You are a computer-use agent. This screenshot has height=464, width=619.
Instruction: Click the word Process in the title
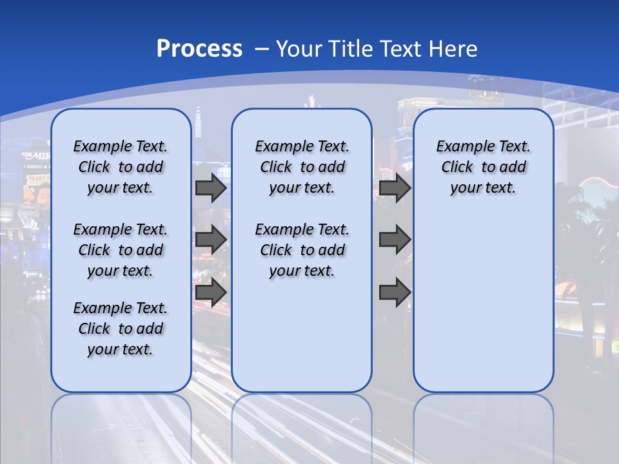[x=199, y=49]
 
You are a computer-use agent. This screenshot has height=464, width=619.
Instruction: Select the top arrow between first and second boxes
[x=211, y=188]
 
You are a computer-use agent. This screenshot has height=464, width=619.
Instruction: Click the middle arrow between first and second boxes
[x=211, y=240]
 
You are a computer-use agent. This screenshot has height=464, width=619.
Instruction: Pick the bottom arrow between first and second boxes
[x=211, y=292]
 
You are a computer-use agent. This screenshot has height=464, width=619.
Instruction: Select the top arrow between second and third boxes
[x=395, y=188]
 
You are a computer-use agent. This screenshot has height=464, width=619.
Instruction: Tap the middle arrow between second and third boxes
[x=395, y=240]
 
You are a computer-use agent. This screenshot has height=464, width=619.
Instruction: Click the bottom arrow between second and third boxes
[x=395, y=292]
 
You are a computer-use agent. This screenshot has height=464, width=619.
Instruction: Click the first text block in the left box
[x=121, y=167]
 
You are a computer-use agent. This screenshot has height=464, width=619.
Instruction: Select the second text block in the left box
[x=121, y=250]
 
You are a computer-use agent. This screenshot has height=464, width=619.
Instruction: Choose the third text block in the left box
[x=121, y=329]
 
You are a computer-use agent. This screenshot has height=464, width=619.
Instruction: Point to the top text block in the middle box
[x=302, y=167]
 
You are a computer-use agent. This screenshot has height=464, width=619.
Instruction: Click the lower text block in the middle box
[x=302, y=250]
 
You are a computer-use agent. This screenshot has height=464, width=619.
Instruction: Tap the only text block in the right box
[x=483, y=167]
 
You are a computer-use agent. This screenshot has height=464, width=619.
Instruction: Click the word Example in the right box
[x=460, y=146]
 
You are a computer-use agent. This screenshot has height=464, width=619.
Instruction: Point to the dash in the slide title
[x=262, y=49]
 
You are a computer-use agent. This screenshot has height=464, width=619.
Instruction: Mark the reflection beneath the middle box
[x=302, y=425]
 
